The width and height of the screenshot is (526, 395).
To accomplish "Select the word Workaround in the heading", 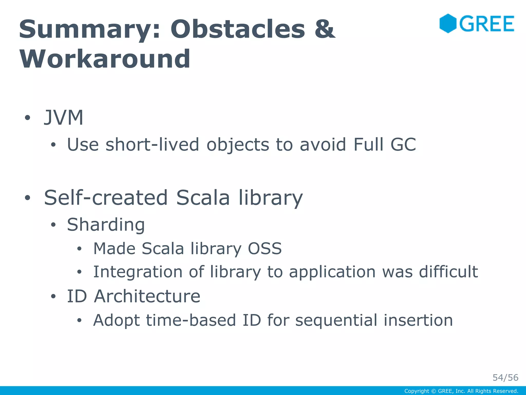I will point(105,59).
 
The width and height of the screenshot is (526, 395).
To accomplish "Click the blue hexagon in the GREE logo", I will point(448,23).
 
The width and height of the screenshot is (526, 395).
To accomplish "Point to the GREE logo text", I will point(487,24).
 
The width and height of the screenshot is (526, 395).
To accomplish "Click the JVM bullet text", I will point(64,118).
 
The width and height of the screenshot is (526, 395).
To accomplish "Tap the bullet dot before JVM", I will point(27,118).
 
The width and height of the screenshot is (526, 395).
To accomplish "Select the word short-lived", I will point(152,145).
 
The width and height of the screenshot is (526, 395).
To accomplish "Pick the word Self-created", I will point(106,198).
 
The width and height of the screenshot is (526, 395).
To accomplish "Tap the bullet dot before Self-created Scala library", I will point(27,198).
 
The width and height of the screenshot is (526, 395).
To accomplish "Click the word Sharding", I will point(106,225).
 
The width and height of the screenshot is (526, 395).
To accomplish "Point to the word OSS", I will point(265,249).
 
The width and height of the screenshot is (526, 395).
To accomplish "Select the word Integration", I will point(138,272).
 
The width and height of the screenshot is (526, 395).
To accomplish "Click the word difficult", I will point(448,272).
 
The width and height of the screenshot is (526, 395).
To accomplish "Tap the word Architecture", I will point(147,296).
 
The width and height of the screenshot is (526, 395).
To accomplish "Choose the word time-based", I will point(191,320).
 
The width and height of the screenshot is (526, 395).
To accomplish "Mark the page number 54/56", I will point(505,378).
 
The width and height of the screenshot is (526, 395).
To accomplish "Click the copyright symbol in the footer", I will point(434,391).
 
